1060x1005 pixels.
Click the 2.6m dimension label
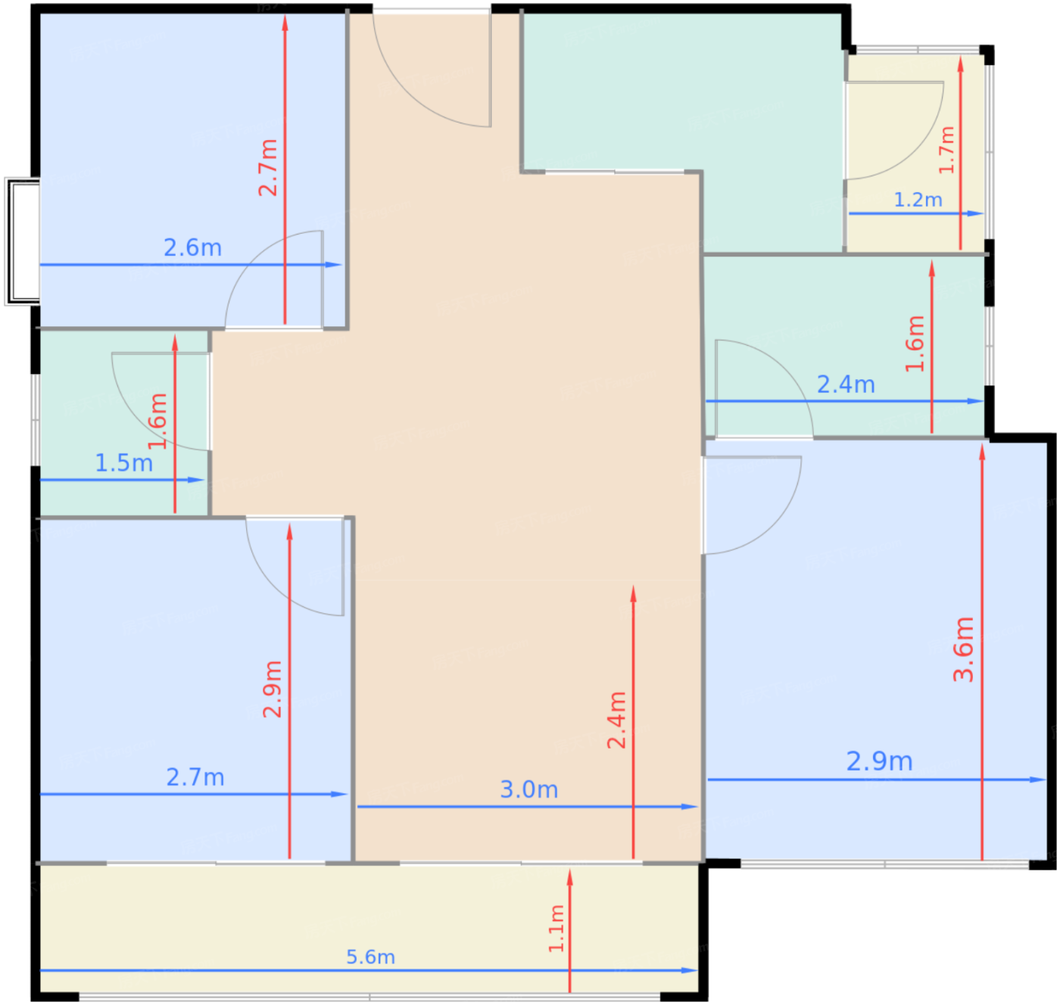[192, 248]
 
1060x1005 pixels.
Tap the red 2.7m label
[268, 167]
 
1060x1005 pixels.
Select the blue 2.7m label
[195, 778]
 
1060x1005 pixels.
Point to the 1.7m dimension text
[946, 150]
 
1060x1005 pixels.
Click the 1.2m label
[918, 200]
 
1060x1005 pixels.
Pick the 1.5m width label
[123, 463]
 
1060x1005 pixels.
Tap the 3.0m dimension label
[528, 790]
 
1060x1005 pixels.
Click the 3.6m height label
[964, 649]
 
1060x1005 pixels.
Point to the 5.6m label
[370, 957]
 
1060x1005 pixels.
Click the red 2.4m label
[616, 720]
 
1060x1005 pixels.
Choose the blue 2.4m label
[846, 384]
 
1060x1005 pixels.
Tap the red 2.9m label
[273, 689]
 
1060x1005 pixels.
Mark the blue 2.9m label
[879, 761]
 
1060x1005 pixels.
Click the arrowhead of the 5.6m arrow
[690, 970]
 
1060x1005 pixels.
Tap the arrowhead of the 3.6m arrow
[982, 452]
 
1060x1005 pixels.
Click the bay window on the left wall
[22, 241]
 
